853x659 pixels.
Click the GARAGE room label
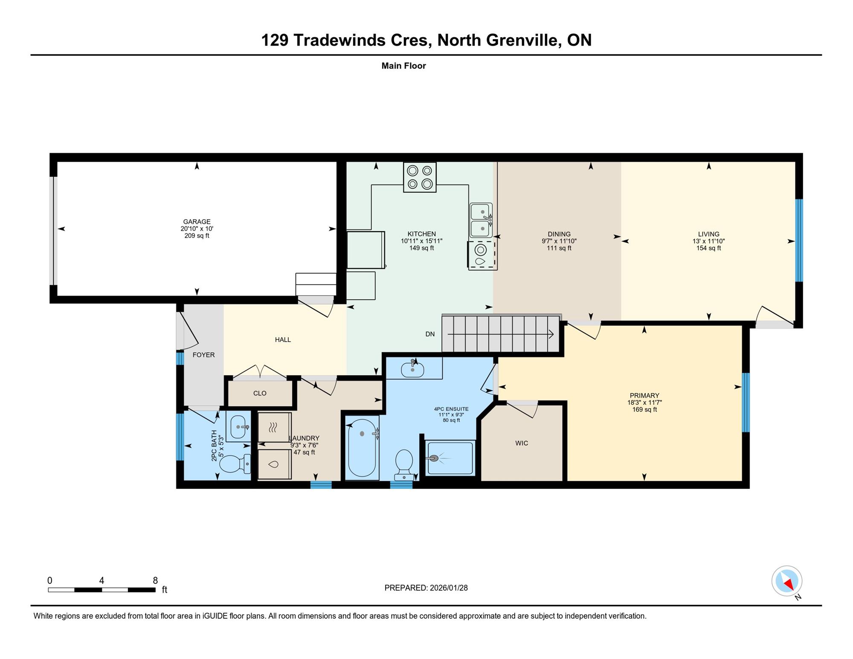click(x=197, y=221)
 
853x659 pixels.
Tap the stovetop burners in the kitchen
click(x=420, y=177)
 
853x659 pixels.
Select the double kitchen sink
click(x=481, y=220)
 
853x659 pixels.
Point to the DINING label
click(x=559, y=234)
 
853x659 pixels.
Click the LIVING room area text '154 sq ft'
click(x=708, y=248)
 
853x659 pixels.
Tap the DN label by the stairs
click(x=430, y=334)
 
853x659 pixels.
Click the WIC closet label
click(x=522, y=443)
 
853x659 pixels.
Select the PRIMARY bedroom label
click(x=644, y=395)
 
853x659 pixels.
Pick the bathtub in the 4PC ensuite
click(x=362, y=447)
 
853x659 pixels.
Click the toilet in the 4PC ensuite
click(x=404, y=465)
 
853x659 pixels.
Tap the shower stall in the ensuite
click(x=450, y=458)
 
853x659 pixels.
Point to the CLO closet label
click(x=260, y=393)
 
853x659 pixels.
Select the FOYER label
click(x=203, y=355)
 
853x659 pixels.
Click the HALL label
click(x=283, y=340)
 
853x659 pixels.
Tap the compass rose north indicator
click(x=787, y=581)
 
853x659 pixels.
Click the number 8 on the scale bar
click(x=155, y=581)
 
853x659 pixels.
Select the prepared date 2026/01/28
click(x=449, y=588)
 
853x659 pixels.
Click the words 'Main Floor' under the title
click(x=403, y=66)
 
